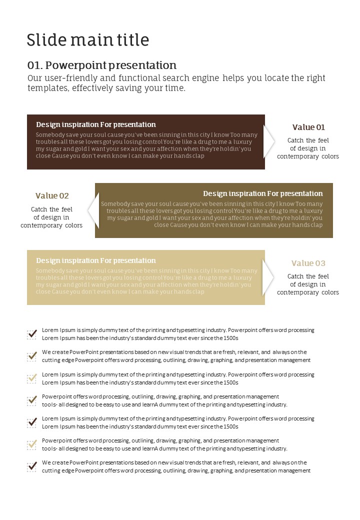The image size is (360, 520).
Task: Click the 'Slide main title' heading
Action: pos(88,40)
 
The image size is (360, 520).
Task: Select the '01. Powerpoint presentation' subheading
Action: pos(102,65)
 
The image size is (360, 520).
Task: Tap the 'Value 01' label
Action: pos(308,127)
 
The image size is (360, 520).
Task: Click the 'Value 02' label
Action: pos(52,195)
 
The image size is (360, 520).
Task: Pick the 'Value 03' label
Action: pos(308,263)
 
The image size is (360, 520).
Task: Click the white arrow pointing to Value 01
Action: pos(269,141)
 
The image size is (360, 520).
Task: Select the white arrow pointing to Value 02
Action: pos(92,210)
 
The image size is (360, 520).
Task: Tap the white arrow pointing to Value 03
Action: pos(269,277)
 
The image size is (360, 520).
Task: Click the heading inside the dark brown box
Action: pos(96,124)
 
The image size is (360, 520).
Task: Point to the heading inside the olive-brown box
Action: pos(262,193)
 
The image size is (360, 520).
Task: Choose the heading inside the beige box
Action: pos(96,260)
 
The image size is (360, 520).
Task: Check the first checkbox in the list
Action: pos(32,334)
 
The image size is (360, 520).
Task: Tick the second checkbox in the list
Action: pos(32,356)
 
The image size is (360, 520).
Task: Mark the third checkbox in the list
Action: pos(32,378)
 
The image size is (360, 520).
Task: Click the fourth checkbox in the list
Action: pos(32,400)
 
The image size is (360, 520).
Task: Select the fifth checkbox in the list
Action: pos(32,422)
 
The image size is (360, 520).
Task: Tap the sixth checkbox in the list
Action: pos(32,444)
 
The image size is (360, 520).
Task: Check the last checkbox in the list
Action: pos(32,466)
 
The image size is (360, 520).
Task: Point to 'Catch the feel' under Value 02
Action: pos(52,209)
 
